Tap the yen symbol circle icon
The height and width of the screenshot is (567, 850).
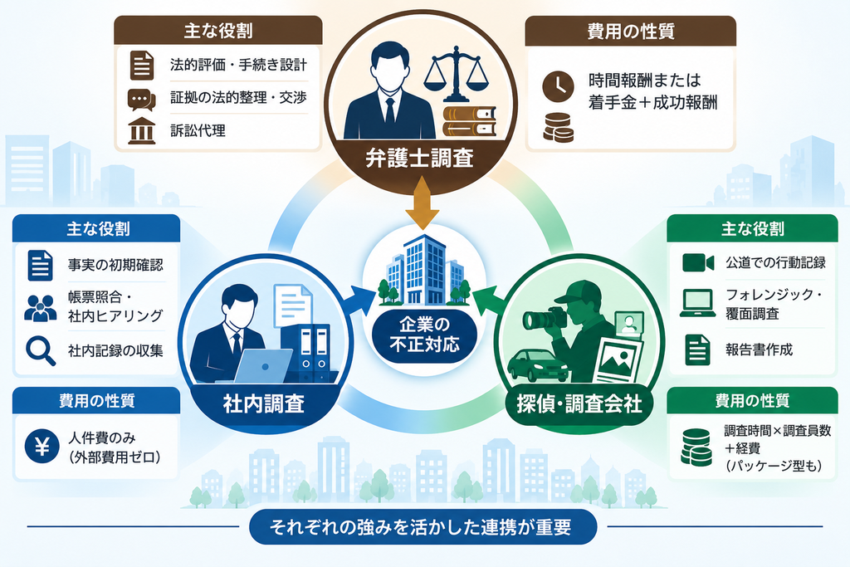[x=42, y=447]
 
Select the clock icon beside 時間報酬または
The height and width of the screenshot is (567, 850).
[x=558, y=86]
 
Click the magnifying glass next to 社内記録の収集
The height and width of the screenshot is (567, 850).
[x=41, y=350]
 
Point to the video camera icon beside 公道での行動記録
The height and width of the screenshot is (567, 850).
[x=697, y=263]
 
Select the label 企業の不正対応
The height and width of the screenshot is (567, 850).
[x=424, y=335]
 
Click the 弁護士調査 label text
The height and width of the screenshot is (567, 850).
[x=419, y=159]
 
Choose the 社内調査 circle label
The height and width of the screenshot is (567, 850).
[x=263, y=403]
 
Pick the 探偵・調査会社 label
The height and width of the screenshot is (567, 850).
[x=579, y=403]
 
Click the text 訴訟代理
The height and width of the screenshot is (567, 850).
[x=198, y=130]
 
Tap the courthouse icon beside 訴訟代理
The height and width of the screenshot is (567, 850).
[x=142, y=130]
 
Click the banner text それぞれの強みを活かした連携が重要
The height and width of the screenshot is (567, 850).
[x=421, y=527]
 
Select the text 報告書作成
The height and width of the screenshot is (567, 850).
[x=759, y=349]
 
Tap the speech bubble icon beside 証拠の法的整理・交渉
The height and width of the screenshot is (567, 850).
[x=141, y=99]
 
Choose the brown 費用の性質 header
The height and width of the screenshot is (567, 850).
[x=631, y=31]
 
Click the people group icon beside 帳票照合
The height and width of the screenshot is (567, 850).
[x=41, y=308]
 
